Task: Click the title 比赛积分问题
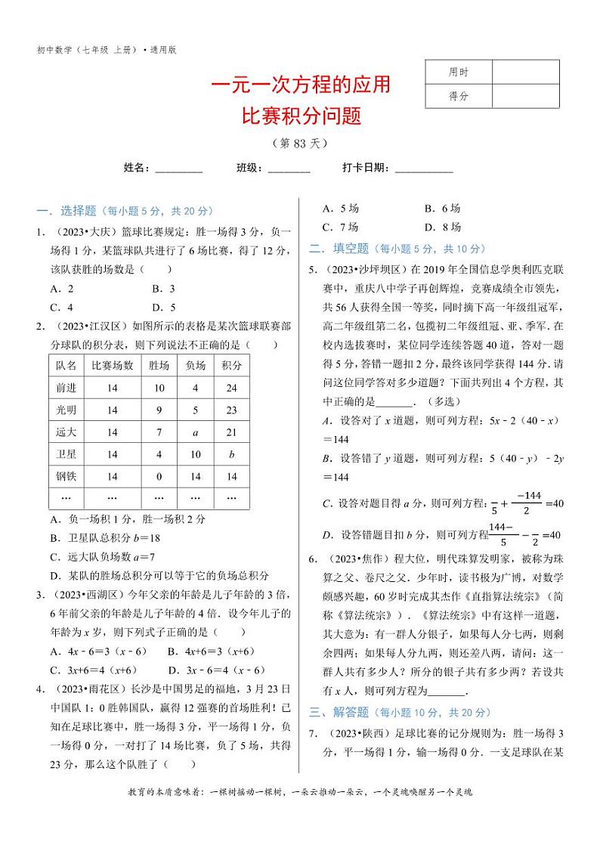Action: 300,116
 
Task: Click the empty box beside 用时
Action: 526,73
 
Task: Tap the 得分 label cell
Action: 459,96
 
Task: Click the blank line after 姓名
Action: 179,169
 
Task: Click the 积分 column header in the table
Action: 231,365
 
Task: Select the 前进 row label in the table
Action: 66,388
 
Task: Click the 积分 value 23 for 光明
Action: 231,410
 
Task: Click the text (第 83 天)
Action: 300,143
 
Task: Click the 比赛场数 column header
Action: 113,365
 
